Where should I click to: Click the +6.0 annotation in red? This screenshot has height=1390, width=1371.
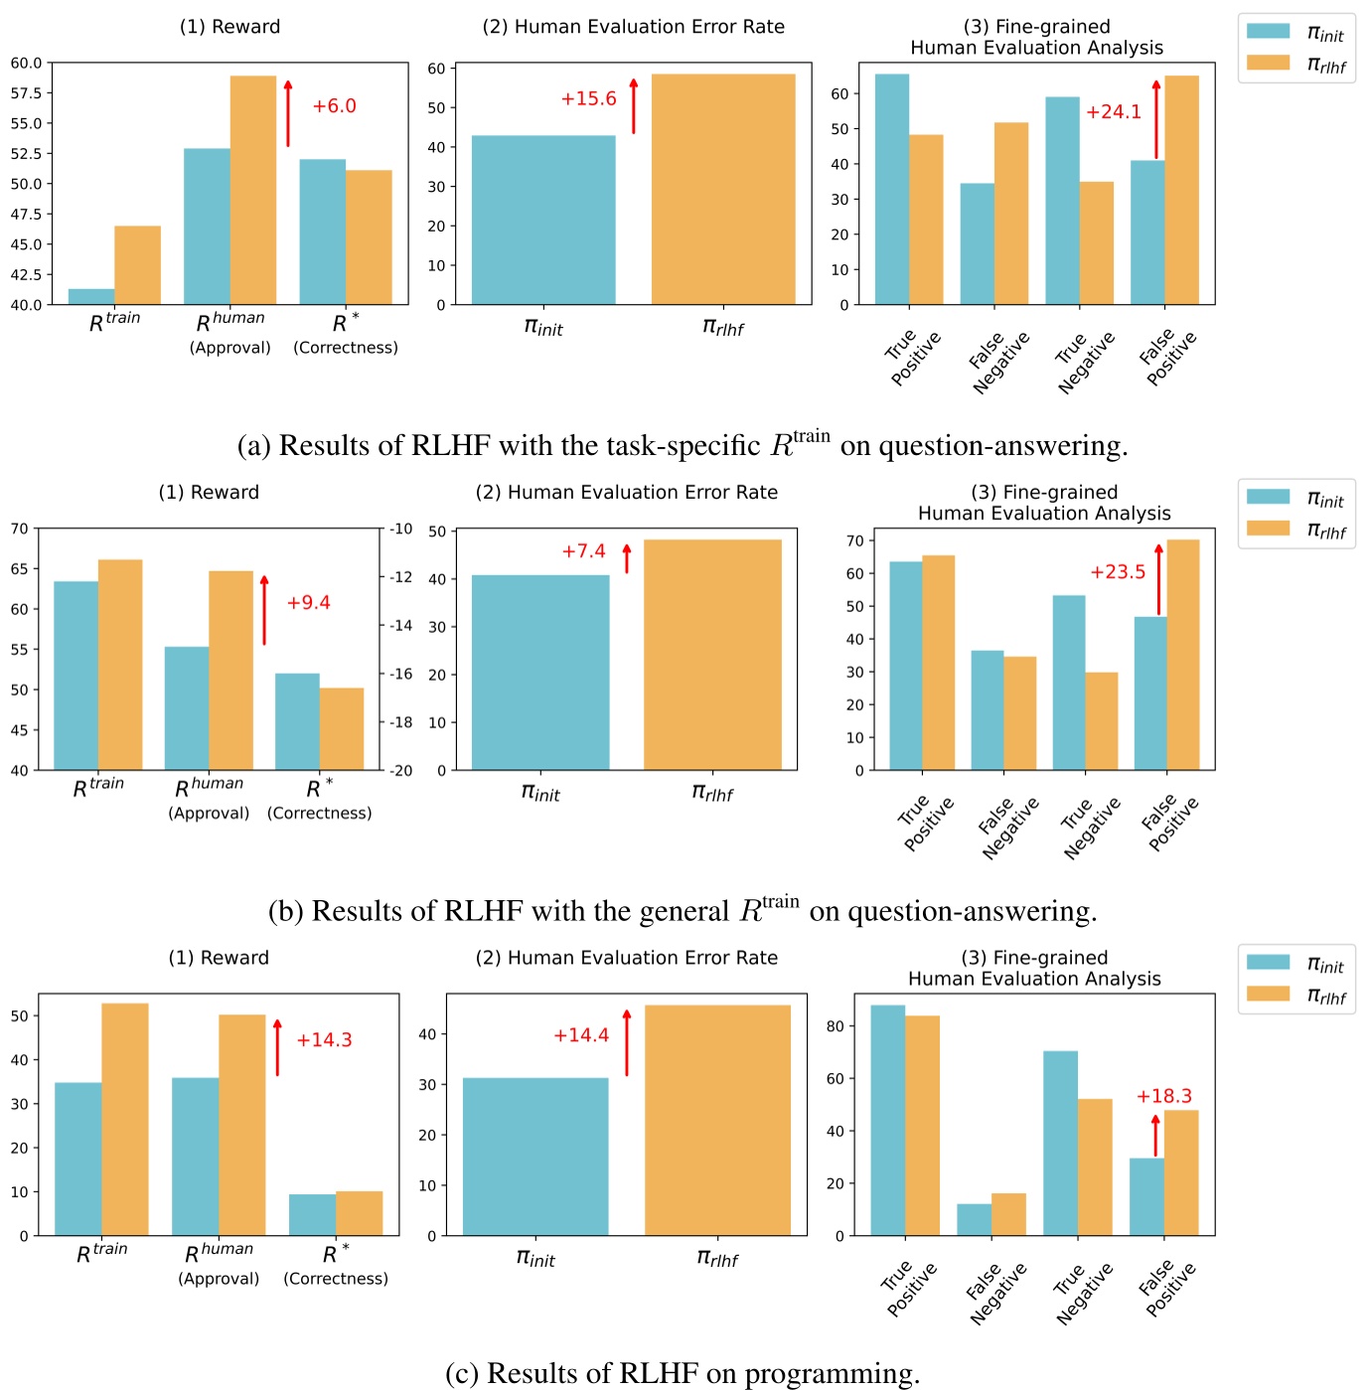click(334, 106)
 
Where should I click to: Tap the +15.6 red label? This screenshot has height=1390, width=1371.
click(588, 99)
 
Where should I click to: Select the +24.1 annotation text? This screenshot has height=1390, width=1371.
click(1113, 112)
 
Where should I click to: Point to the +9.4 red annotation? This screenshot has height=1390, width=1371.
click(308, 603)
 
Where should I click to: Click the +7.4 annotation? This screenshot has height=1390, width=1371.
click(583, 551)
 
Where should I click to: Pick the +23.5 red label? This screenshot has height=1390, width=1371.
click(1118, 572)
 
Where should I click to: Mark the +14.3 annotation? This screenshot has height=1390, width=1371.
click(324, 1040)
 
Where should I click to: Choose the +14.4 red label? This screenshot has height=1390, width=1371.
click(581, 1035)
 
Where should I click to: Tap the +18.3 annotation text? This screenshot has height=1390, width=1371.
click(1163, 1096)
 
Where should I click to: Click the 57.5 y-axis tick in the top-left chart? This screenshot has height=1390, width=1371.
click(27, 93)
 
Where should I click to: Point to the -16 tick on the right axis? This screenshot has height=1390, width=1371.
click(400, 674)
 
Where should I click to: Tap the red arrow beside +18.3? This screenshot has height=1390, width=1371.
click(1155, 1136)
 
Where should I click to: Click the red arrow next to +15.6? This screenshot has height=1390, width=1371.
click(634, 105)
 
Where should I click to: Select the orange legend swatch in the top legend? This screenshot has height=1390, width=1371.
click(1268, 63)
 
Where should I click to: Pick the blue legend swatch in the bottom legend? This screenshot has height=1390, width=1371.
click(1268, 963)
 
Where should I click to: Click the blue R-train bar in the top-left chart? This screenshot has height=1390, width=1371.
click(91, 296)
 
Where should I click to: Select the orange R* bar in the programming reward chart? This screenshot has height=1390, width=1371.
click(359, 1213)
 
